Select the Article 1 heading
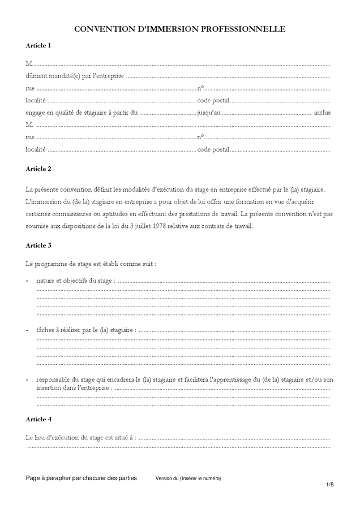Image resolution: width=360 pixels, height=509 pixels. [x=38, y=45]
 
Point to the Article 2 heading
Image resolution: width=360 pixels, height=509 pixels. [x=38, y=169]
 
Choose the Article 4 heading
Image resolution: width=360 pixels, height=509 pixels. [x=38, y=419]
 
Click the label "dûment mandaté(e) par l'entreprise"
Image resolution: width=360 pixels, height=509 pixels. [x=75, y=76]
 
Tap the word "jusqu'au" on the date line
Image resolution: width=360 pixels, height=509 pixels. [x=209, y=113]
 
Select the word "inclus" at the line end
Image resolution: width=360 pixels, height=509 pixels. [x=322, y=113]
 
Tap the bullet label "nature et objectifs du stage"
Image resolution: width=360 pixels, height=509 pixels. [x=75, y=281]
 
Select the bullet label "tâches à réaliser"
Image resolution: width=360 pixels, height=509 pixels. [x=62, y=329]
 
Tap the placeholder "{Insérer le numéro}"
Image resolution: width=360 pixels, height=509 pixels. [x=200, y=478]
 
